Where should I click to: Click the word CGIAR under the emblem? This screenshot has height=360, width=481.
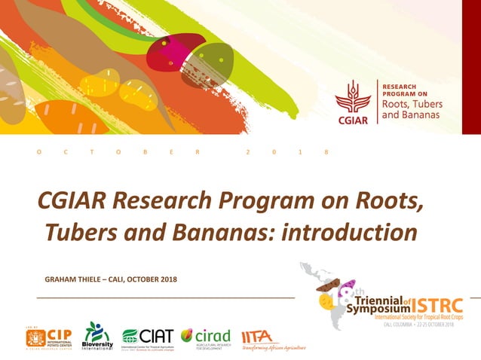[x=353, y=121]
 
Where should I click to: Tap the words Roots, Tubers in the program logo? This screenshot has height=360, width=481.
[x=412, y=104]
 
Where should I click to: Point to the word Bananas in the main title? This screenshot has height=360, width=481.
[x=220, y=233]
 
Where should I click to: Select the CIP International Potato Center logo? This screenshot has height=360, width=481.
[x=48, y=336]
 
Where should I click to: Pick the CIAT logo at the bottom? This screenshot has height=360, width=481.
[x=148, y=337]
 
